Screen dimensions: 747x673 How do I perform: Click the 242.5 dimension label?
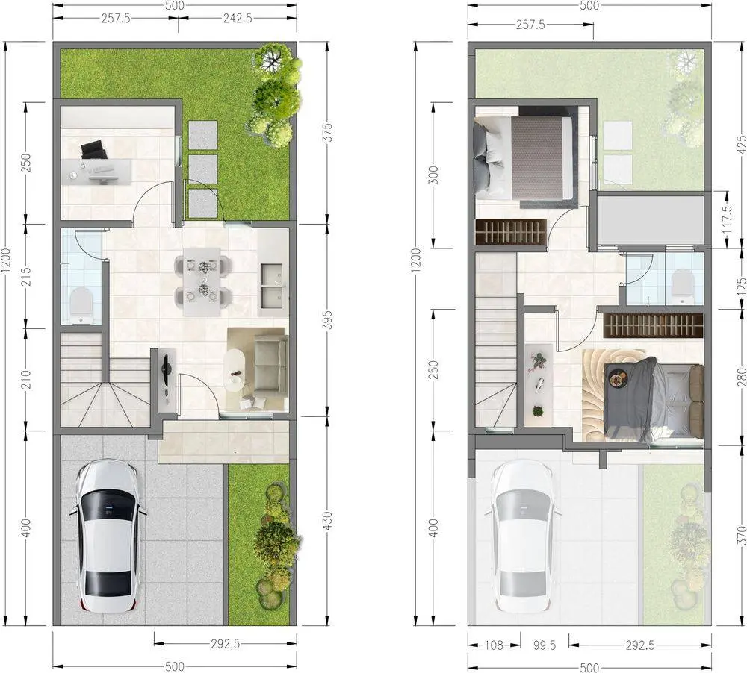(x=238, y=19)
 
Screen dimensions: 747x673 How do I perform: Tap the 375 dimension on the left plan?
(x=327, y=132)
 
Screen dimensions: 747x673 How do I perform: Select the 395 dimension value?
(x=327, y=320)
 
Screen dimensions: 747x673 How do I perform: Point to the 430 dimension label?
(x=327, y=521)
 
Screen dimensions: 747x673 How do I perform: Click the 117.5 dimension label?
(x=727, y=219)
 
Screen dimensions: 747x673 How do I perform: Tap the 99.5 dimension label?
(x=545, y=645)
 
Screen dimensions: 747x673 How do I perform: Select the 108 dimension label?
(x=493, y=645)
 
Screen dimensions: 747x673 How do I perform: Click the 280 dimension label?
(x=741, y=377)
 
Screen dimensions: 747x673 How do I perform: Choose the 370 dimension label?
(x=741, y=535)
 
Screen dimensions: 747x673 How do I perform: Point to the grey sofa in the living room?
(x=271, y=365)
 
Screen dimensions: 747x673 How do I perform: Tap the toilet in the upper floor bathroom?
(x=682, y=286)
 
